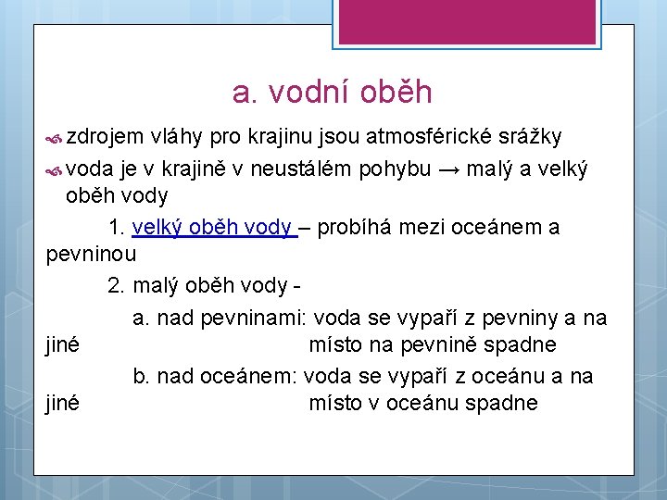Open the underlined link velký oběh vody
pos(213,227)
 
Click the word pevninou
pos(92,254)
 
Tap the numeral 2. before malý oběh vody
pos(116,286)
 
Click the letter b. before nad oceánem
pos(142,376)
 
